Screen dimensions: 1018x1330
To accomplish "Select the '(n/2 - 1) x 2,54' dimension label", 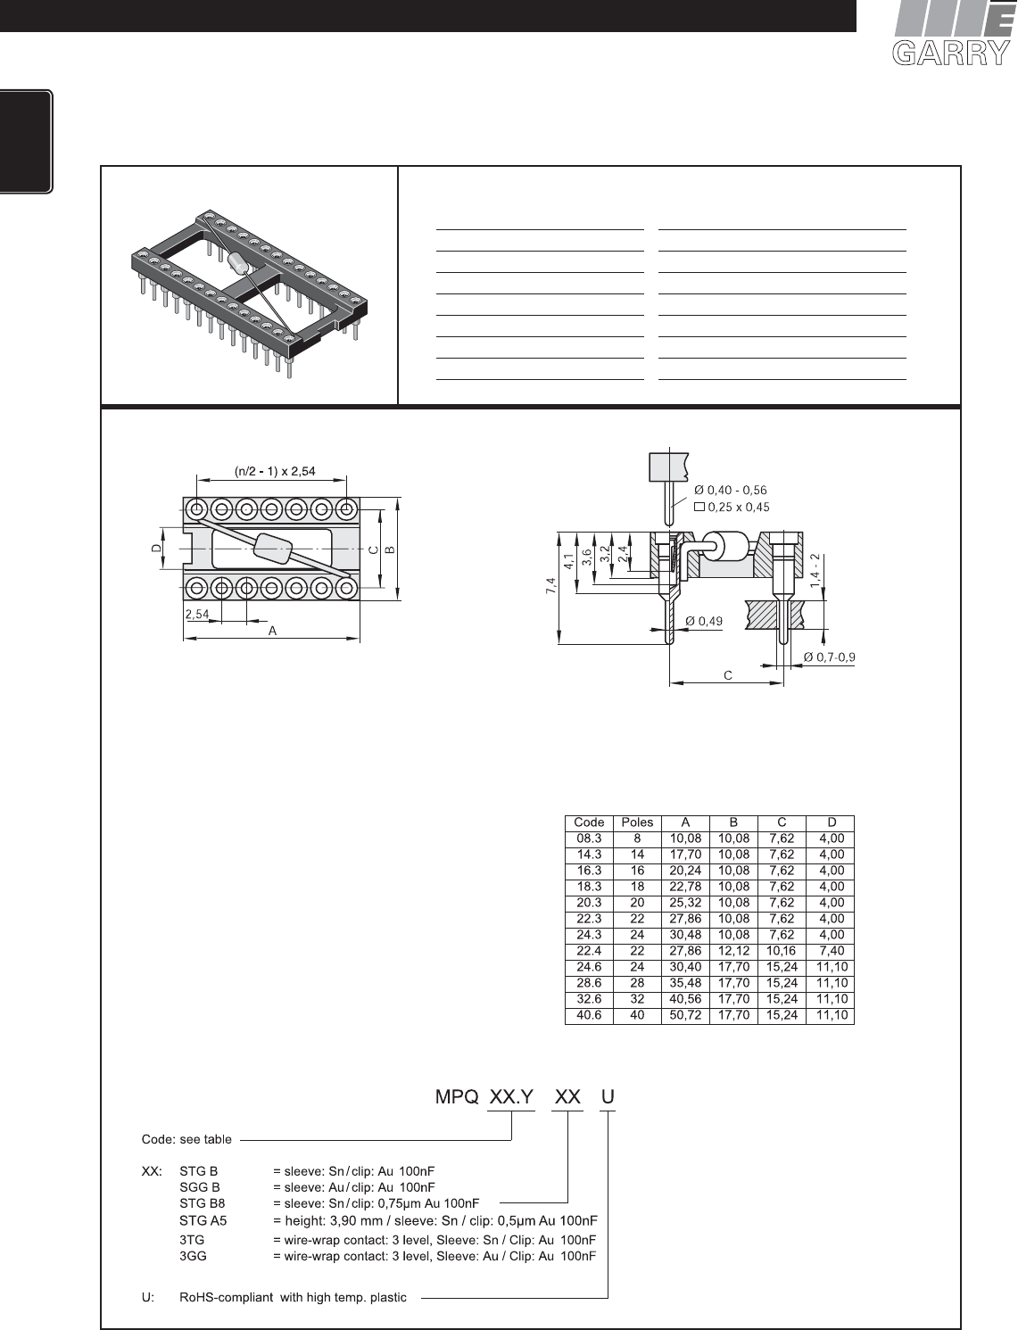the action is pyautogui.click(x=275, y=471).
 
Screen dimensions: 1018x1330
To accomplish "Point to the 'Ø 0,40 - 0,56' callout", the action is pyautogui.click(x=730, y=491).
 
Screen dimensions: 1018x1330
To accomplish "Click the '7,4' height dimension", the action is pyautogui.click(x=550, y=586).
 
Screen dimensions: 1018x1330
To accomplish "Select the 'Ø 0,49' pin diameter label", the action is pyautogui.click(x=704, y=621).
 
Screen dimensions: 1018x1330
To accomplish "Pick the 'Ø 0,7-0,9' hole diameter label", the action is pyautogui.click(x=830, y=657).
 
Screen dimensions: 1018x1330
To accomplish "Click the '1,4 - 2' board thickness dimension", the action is pyautogui.click(x=815, y=570).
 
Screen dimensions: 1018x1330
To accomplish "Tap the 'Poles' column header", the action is pyautogui.click(x=637, y=822).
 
